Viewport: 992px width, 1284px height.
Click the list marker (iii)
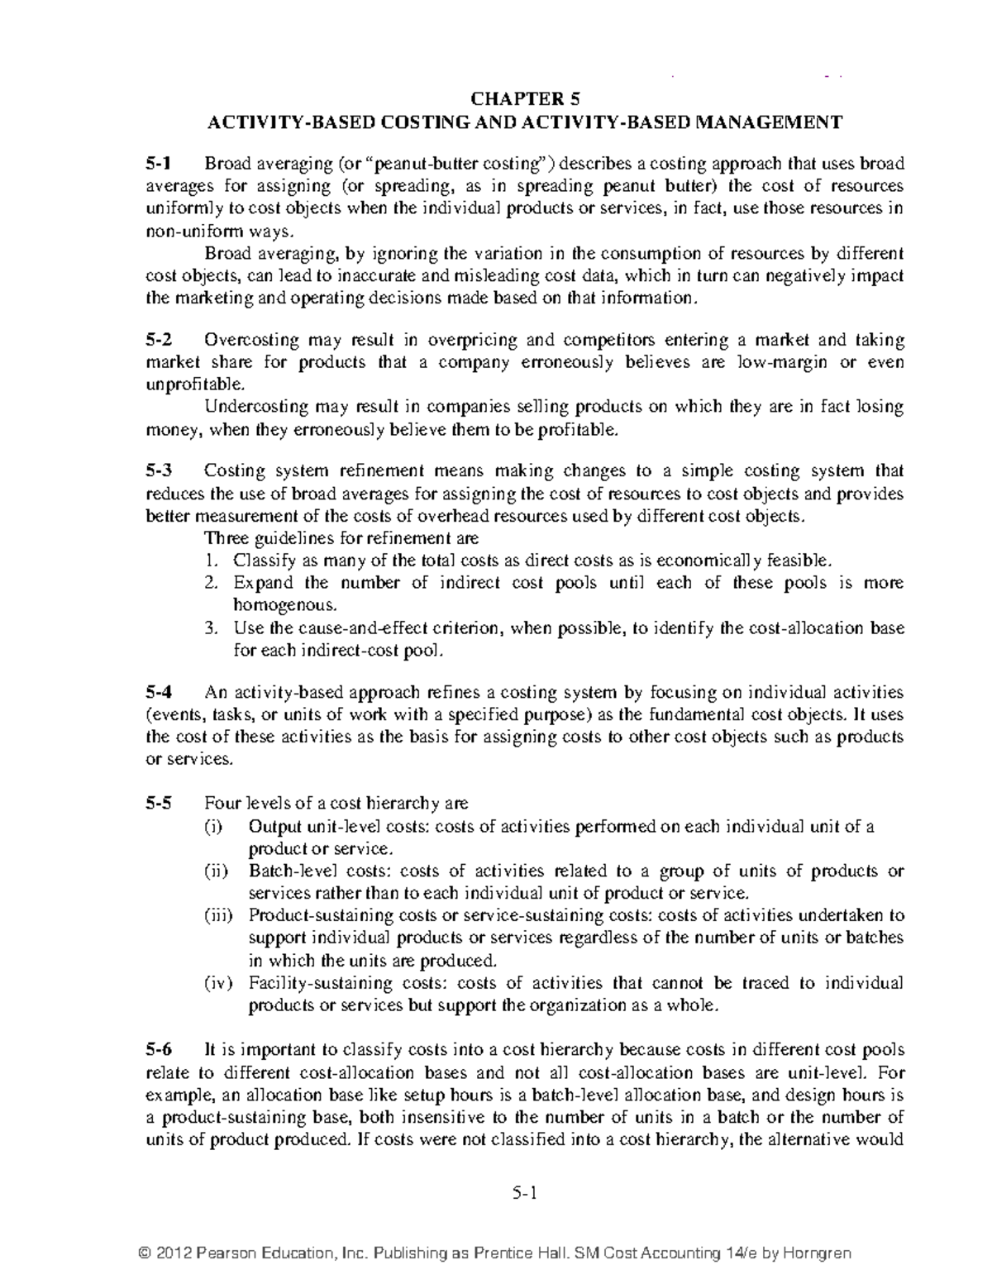(219, 915)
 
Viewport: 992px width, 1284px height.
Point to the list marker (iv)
(219, 983)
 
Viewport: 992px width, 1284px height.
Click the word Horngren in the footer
(820, 1253)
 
